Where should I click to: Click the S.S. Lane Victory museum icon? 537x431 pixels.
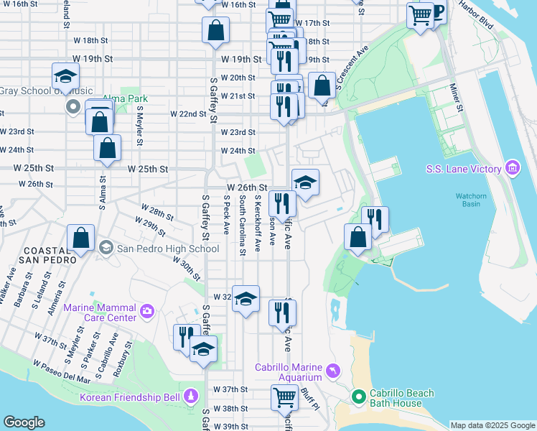[513, 168]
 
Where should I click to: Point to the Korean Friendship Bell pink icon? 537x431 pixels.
[190, 396]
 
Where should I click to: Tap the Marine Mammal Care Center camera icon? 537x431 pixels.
[147, 310]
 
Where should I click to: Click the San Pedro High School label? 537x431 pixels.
[167, 249]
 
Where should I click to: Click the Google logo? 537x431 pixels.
[24, 422]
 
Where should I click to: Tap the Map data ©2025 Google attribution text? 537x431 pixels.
[492, 425]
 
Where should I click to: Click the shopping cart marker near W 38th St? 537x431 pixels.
[285, 397]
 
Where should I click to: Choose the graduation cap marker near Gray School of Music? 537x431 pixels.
[65, 77]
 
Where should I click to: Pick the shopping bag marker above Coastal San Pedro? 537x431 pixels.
[82, 239]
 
